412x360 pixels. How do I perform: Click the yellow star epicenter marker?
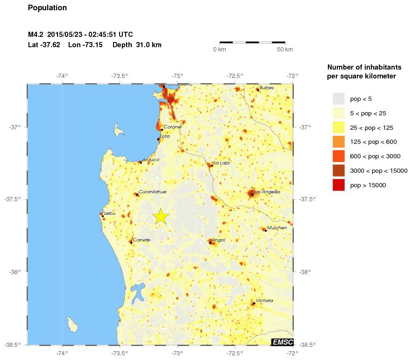click(x=160, y=216)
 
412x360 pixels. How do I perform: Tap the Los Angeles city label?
click(x=268, y=191)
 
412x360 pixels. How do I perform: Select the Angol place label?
click(x=219, y=240)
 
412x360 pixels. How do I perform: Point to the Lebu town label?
click(x=109, y=213)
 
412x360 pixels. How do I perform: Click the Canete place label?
click(x=142, y=240)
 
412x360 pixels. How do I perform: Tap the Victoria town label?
click(x=264, y=301)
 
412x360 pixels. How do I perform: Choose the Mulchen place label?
click(x=277, y=227)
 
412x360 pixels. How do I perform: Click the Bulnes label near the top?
click(x=267, y=87)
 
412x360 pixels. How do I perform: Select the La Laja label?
click(x=221, y=163)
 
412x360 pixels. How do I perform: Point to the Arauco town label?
click(x=150, y=160)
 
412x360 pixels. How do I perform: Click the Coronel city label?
click(x=173, y=127)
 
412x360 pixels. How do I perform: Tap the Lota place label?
click(x=165, y=136)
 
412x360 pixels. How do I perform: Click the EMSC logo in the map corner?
click(x=282, y=342)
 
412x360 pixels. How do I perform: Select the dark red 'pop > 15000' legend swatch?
click(x=338, y=185)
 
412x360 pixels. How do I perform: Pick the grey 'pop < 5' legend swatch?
click(x=338, y=99)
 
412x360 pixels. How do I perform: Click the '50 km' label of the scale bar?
click(x=285, y=49)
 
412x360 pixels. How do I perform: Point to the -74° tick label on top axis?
click(x=62, y=76)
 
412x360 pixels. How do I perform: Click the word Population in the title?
click(x=47, y=8)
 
